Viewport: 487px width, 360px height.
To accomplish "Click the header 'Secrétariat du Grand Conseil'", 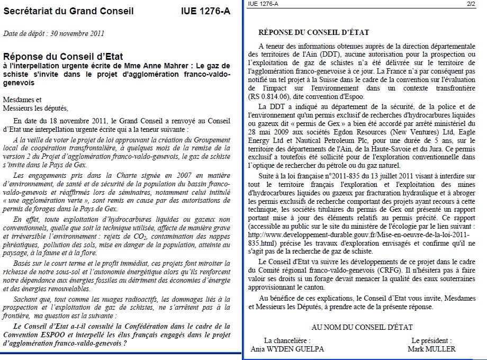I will (68, 11).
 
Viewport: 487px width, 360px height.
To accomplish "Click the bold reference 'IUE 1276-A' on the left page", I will (205, 11).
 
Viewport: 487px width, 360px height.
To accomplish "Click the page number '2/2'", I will (471, 4).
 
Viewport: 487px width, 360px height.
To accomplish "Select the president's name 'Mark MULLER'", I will (431, 349).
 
